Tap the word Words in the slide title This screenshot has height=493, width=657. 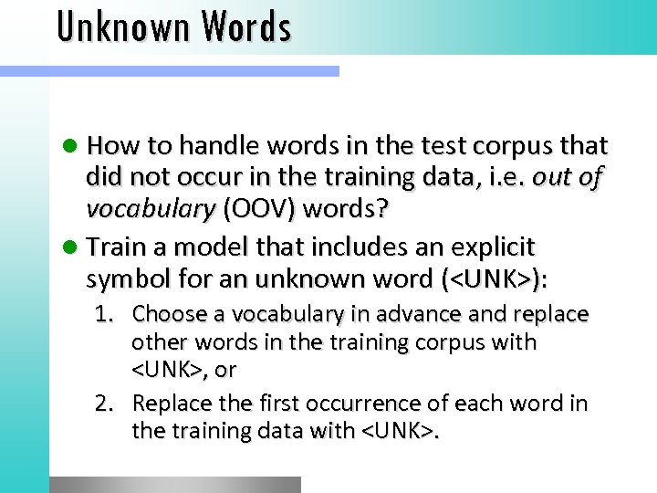(x=247, y=27)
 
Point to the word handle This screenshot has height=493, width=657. (x=212, y=146)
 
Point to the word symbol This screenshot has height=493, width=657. (x=122, y=279)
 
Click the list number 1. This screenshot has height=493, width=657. (x=105, y=315)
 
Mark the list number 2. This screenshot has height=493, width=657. (x=105, y=404)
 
